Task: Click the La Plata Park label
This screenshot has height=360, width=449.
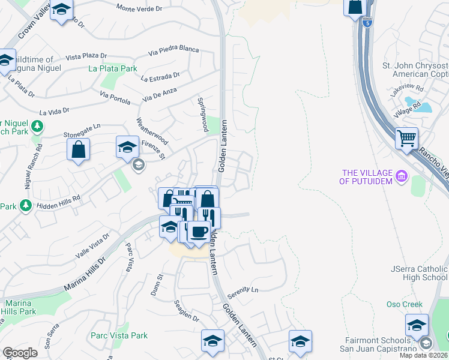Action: tap(113, 68)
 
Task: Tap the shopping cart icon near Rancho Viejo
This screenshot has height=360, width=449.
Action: tap(407, 139)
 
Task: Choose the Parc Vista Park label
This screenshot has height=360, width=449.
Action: tap(119, 335)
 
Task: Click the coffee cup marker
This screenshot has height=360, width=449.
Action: tap(199, 232)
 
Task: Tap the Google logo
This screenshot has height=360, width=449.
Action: tap(20, 352)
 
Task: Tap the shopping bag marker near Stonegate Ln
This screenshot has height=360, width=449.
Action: tap(79, 149)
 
